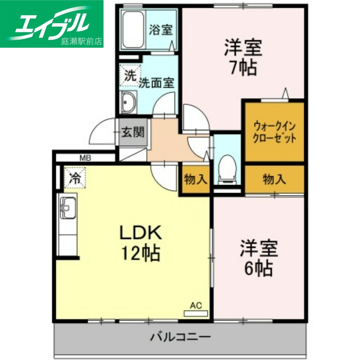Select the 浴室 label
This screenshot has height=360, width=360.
[x=161, y=30]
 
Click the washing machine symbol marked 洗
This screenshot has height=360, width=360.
[x=130, y=76]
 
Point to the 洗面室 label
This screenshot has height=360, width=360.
[x=156, y=83]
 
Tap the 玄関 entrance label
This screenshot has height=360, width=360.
[x=133, y=132]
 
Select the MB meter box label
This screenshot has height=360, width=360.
[x=85, y=157]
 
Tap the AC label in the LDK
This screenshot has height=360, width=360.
[x=195, y=306]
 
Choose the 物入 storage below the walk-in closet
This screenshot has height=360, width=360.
[x=274, y=179]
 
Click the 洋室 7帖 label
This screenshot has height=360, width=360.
[x=243, y=58]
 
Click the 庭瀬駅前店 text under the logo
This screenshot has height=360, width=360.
[x=81, y=41]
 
